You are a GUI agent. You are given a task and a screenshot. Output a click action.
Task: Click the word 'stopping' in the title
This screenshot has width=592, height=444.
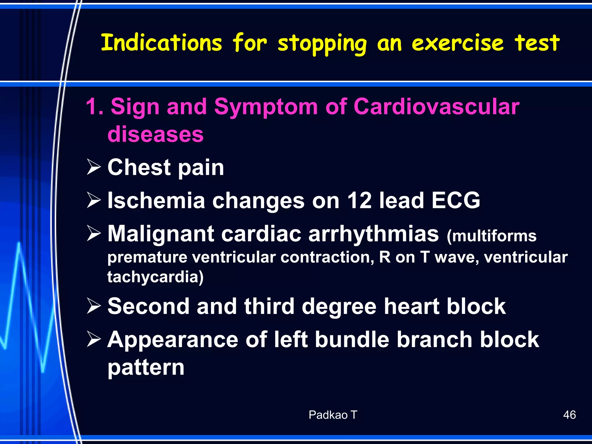pyautogui.click(x=322, y=43)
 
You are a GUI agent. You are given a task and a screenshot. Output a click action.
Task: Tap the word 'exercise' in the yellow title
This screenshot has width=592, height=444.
pyautogui.click(x=458, y=43)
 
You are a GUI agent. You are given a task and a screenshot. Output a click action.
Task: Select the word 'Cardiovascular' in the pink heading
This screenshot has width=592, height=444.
pyautogui.click(x=436, y=107)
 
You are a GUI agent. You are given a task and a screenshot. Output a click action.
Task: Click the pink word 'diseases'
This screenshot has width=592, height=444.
pyautogui.click(x=156, y=134)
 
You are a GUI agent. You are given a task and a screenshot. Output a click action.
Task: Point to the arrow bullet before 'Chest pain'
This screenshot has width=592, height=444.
pyautogui.click(x=94, y=167)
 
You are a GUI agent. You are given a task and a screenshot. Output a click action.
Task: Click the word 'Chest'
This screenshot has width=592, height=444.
pyautogui.click(x=139, y=167)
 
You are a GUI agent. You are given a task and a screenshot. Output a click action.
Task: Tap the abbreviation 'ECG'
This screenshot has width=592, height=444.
pyautogui.click(x=456, y=200)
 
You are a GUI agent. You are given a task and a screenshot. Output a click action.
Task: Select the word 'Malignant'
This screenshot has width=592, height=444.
pyautogui.click(x=161, y=234)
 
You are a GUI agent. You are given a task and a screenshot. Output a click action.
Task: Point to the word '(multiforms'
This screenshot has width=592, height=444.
pyautogui.click(x=491, y=236)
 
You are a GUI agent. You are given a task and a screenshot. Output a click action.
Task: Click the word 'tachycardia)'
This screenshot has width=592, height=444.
pyautogui.click(x=156, y=277)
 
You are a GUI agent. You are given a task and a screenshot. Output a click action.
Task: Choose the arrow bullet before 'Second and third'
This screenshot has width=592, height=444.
pyautogui.click(x=94, y=306)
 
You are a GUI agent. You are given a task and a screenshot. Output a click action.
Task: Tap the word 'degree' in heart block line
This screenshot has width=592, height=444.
pyautogui.click(x=339, y=306)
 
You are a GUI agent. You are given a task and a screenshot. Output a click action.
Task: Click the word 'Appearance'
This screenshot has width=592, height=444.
pyautogui.click(x=173, y=340)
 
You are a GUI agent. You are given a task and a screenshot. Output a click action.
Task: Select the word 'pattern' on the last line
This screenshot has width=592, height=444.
pyautogui.click(x=146, y=368)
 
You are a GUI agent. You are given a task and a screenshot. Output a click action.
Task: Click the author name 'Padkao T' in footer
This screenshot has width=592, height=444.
pyautogui.click(x=333, y=415)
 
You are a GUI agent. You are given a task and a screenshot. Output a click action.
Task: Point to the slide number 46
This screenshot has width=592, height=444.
pyautogui.click(x=569, y=415)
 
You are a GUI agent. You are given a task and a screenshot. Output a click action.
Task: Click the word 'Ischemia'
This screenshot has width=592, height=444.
pyautogui.click(x=156, y=200)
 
